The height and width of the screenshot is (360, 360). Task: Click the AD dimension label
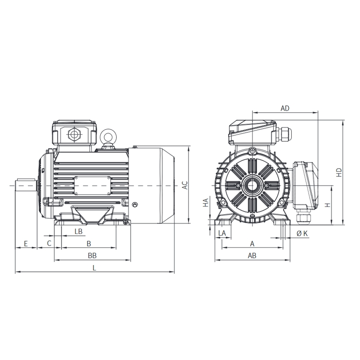click(285, 108)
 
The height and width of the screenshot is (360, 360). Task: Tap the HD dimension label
click(339, 172)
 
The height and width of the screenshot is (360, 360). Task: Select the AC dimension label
click(185, 185)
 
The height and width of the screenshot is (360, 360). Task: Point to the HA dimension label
click(206, 202)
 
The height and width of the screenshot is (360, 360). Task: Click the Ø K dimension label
click(302, 234)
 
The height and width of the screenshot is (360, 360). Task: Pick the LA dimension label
click(222, 233)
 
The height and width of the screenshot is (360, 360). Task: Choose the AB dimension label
click(252, 256)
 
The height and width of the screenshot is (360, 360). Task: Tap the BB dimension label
click(92, 256)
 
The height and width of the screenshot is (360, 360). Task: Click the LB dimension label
click(78, 231)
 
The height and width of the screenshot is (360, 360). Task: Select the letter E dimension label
click(26, 243)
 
